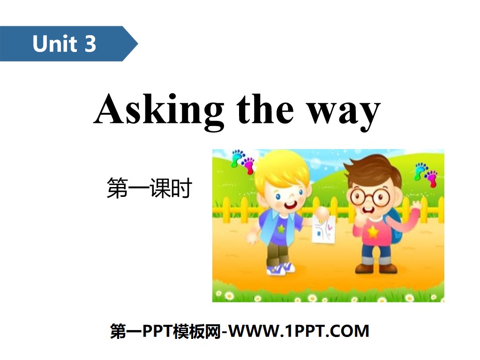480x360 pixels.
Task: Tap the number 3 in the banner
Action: click(x=90, y=44)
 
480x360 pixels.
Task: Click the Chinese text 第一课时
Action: click(x=150, y=189)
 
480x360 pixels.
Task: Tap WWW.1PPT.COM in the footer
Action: click(x=300, y=331)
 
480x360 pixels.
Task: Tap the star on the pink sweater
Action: click(x=373, y=232)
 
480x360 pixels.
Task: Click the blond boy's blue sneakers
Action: click(x=281, y=269)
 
